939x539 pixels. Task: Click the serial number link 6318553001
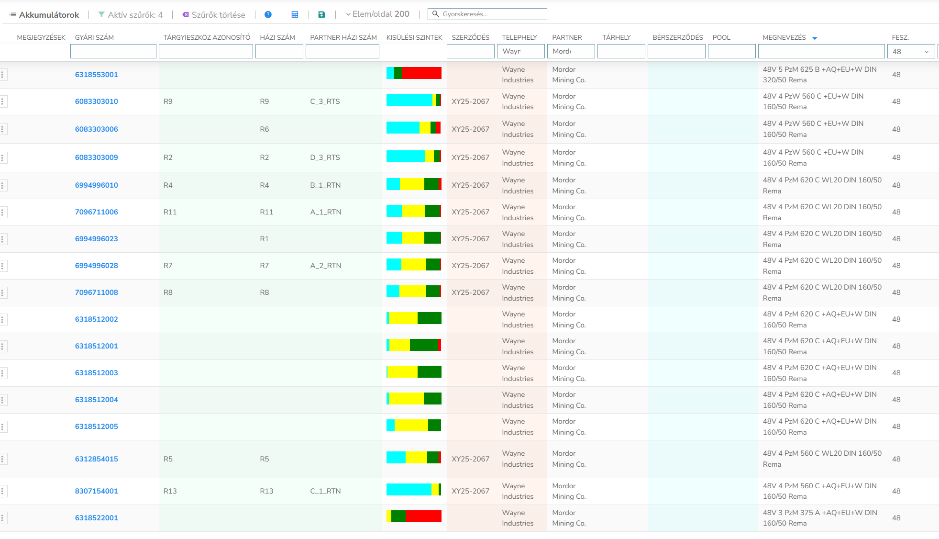96,75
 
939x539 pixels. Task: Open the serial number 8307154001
96,491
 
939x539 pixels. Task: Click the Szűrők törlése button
214,15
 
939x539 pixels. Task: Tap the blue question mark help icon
268,15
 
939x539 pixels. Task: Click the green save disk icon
321,15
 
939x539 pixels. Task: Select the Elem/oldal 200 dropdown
377,14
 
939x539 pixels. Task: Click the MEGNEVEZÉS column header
784,37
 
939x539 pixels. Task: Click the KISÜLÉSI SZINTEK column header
414,37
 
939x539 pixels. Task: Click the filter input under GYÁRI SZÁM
113,51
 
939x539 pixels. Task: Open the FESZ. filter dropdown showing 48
911,51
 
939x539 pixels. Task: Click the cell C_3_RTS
325,101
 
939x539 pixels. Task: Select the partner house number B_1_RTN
325,185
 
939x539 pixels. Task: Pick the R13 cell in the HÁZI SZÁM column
266,491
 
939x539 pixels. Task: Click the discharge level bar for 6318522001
413,517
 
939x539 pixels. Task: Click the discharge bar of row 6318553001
413,73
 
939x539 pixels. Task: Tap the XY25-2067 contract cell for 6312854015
470,459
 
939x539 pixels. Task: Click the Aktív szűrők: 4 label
131,15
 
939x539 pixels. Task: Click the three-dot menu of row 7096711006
3,212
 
